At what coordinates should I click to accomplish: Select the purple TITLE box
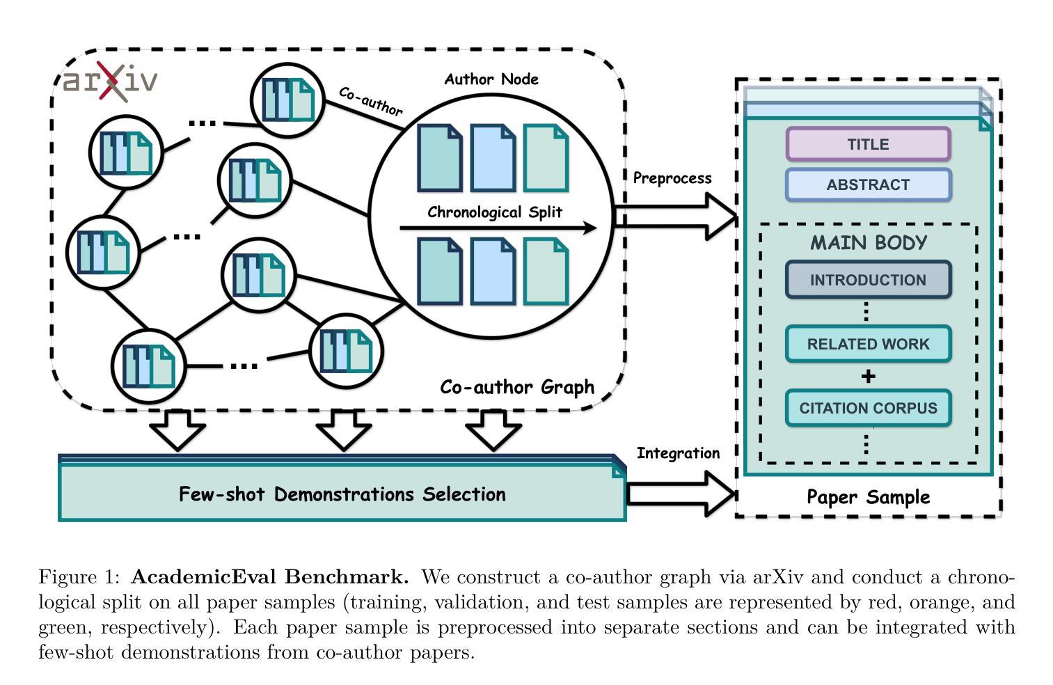(868, 144)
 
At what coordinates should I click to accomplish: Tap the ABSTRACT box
(868, 184)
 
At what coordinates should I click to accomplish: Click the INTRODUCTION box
(868, 280)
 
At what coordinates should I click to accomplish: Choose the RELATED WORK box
(868, 344)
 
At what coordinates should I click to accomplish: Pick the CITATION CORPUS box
(868, 408)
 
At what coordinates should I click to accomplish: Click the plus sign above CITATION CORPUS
(868, 377)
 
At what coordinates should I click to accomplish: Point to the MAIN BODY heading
(868, 243)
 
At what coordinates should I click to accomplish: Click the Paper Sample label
(868, 497)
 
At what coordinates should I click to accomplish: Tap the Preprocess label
(672, 178)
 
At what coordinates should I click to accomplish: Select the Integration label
(678, 453)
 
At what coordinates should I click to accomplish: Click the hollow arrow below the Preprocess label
(675, 216)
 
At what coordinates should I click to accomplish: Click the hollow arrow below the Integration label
(681, 494)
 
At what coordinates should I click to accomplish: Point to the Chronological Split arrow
(498, 228)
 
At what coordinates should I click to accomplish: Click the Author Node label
(491, 79)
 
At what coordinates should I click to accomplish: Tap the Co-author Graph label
(517, 387)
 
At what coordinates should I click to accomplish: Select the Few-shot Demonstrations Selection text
(342, 494)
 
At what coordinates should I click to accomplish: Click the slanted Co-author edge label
(370, 101)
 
